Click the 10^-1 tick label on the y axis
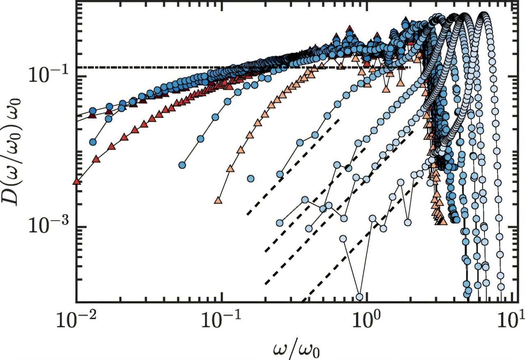coord(49,76)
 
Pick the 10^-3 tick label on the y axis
coord(49,227)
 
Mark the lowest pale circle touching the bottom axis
coord(360,296)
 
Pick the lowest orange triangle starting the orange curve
coord(218,201)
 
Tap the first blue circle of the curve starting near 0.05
coord(182,165)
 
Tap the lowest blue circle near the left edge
coord(93,142)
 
